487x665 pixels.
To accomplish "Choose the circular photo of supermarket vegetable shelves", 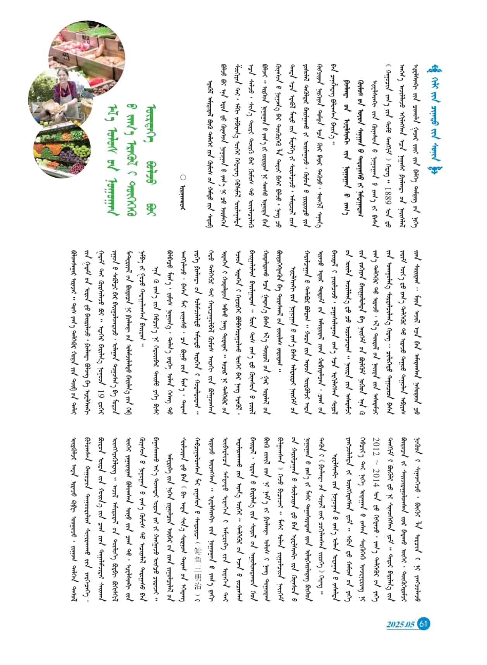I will click(64, 147).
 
